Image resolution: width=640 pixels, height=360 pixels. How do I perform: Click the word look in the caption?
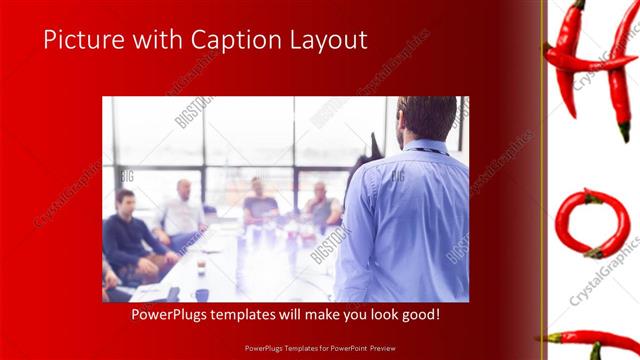(x=382, y=315)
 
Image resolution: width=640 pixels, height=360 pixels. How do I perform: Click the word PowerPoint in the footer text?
(x=347, y=348)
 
